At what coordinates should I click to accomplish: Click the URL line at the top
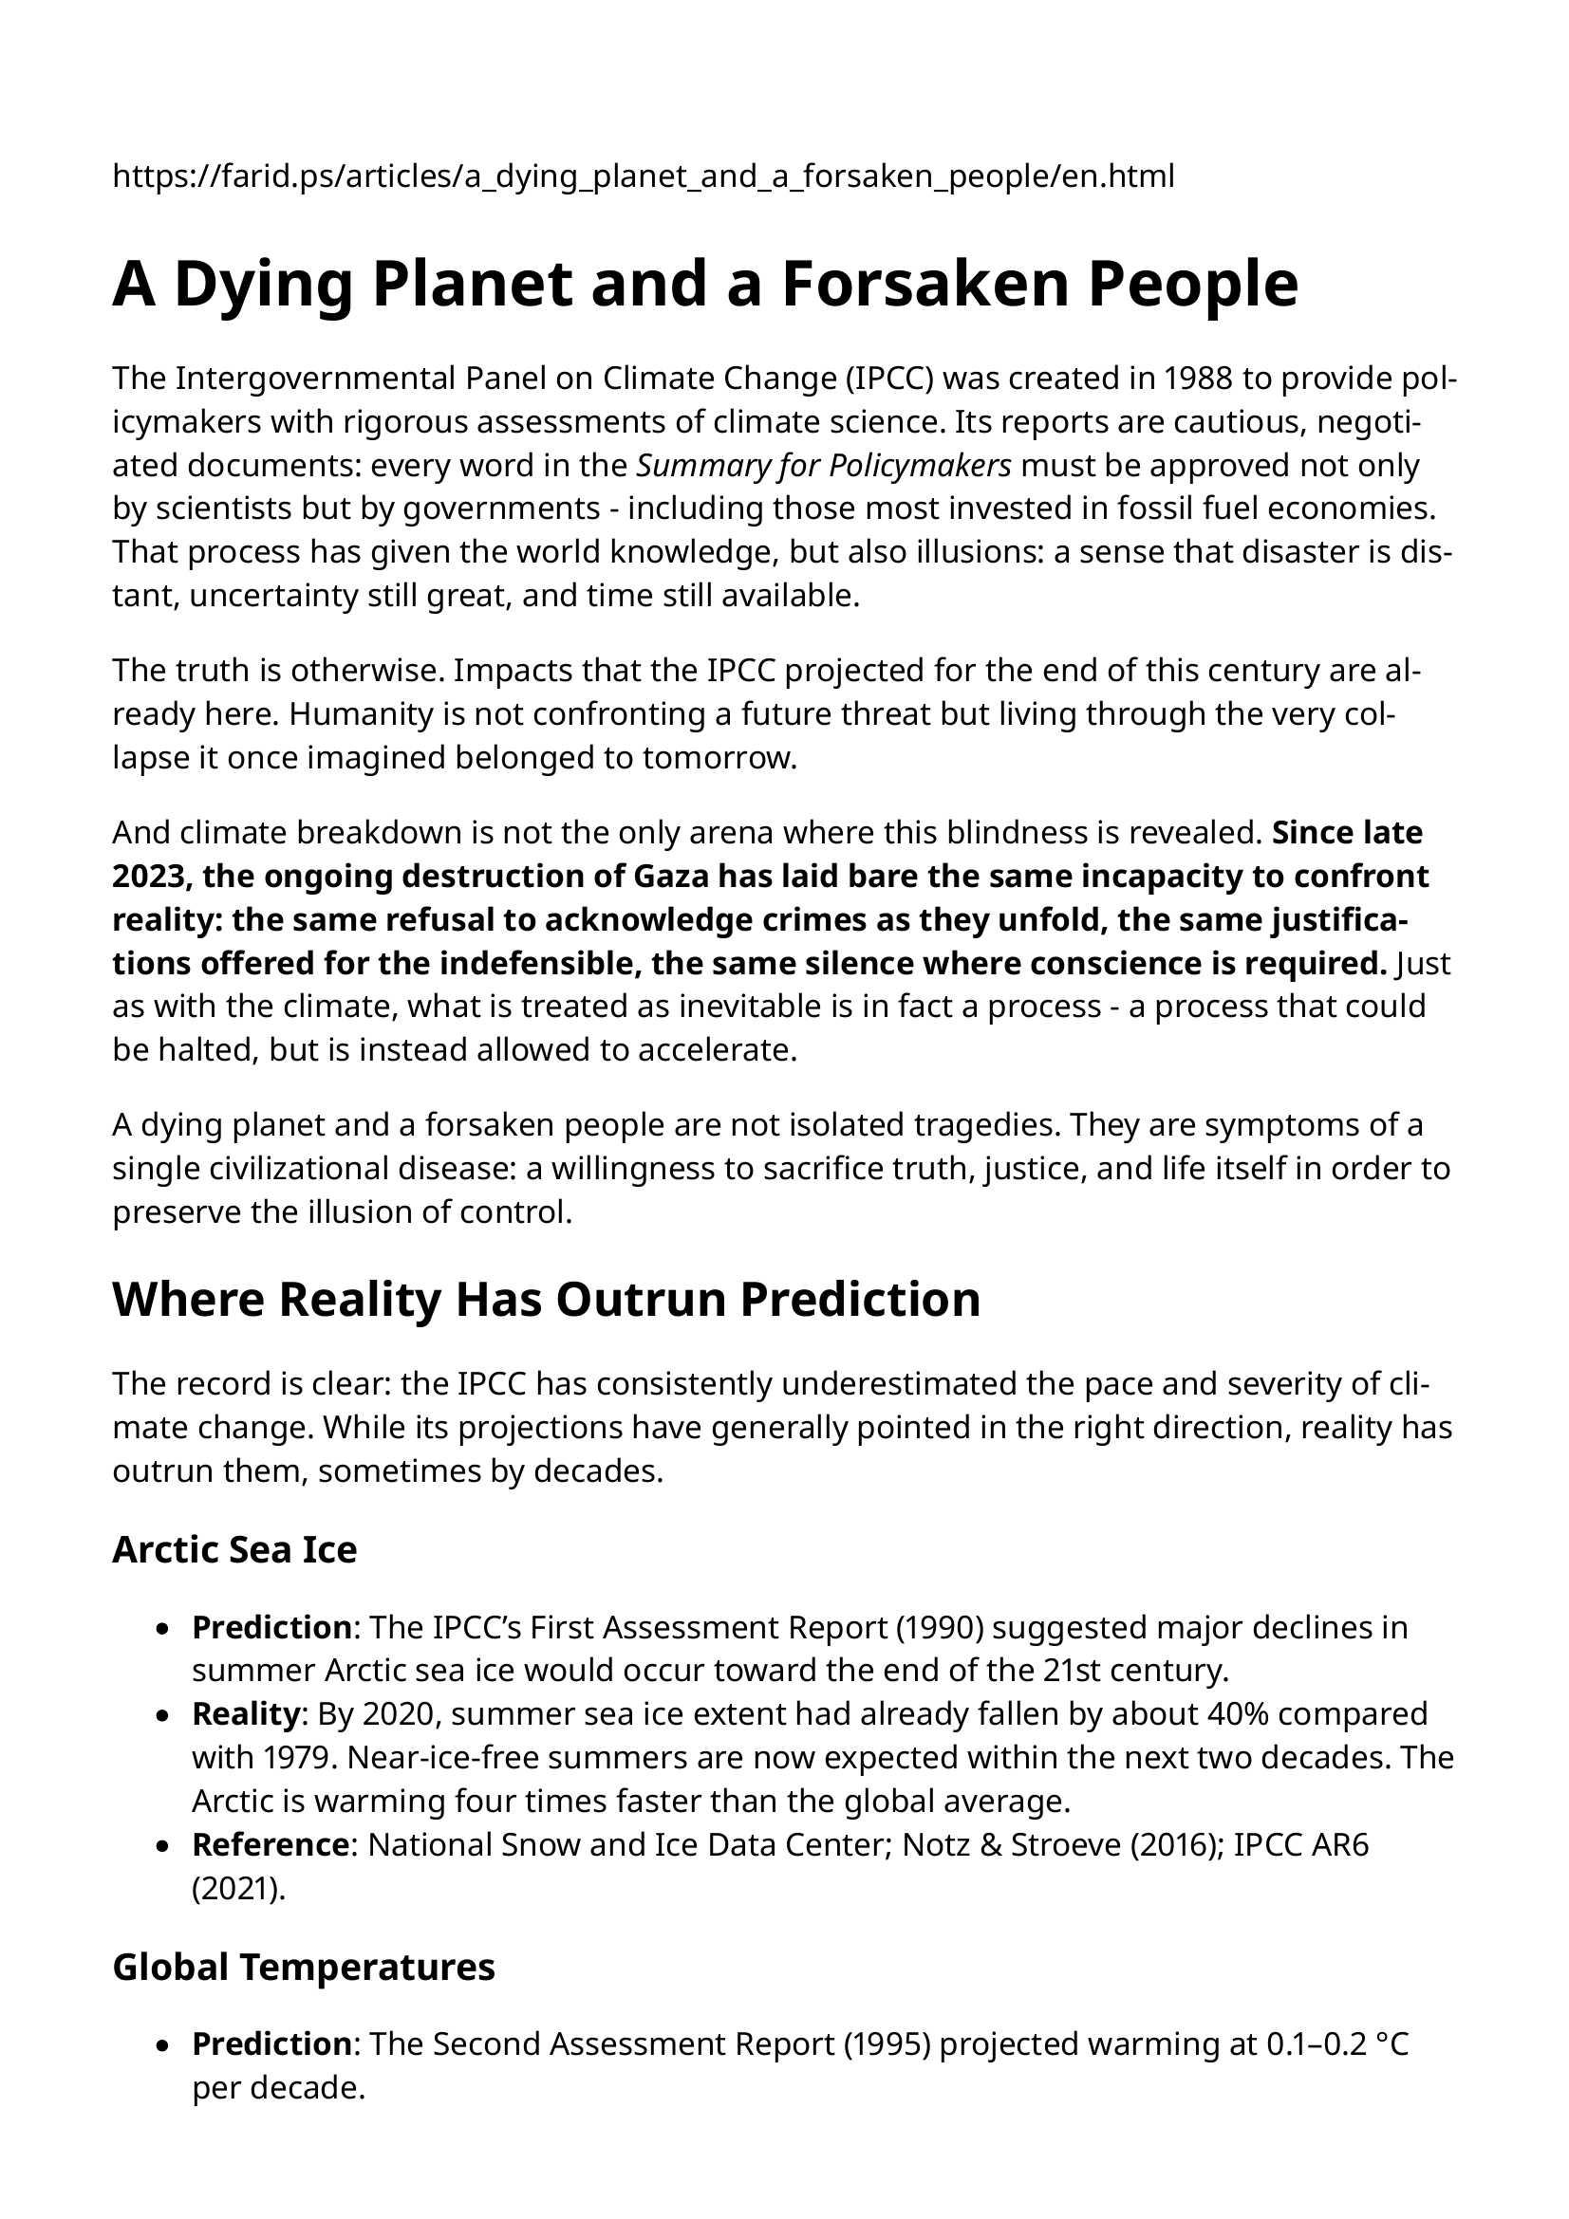pos(643,176)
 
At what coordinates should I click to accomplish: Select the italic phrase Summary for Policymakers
pos(824,466)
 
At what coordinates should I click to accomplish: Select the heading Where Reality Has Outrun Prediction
pos(546,1299)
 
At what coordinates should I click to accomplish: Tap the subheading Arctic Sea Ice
pos(234,1549)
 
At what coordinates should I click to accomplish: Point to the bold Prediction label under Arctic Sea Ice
pos(271,1628)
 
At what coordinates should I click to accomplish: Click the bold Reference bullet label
pos(270,1845)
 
